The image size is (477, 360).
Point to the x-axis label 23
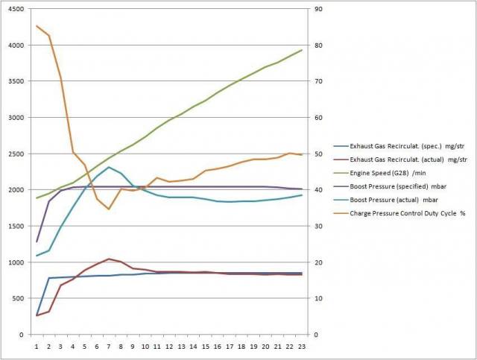300,346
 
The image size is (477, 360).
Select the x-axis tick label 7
109,346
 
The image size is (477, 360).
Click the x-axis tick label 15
205,346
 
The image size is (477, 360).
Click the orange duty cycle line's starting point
37,26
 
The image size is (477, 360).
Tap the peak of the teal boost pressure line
109,167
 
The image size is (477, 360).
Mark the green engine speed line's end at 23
300,50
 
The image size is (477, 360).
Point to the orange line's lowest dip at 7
109,209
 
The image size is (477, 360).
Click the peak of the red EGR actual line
109,259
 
